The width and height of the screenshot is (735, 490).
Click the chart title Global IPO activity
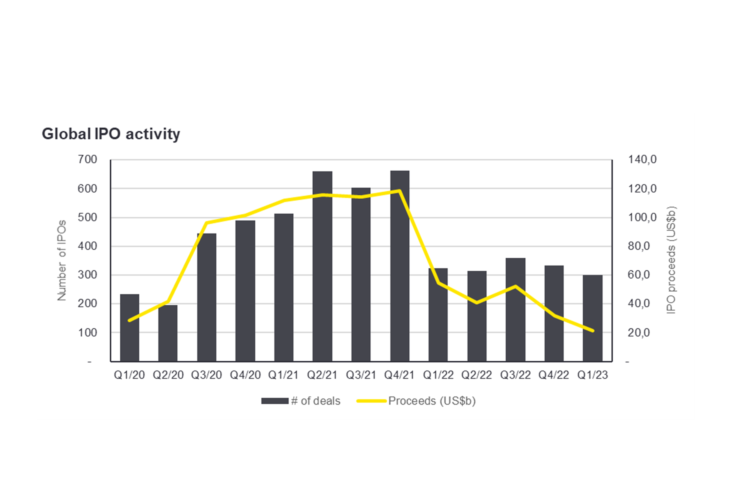coord(111,134)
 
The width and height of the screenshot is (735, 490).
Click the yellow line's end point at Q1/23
coord(593,331)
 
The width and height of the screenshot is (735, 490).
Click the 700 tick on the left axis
coord(87,160)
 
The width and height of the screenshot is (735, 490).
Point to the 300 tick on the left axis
coord(87,275)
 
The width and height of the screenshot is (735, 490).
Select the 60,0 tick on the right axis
coord(639,275)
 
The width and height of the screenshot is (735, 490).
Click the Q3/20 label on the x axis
coord(207,375)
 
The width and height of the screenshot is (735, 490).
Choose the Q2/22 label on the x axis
coord(477,375)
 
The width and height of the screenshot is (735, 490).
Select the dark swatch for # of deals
coord(275,401)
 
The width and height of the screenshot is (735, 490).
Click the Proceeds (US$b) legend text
coord(432,401)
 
